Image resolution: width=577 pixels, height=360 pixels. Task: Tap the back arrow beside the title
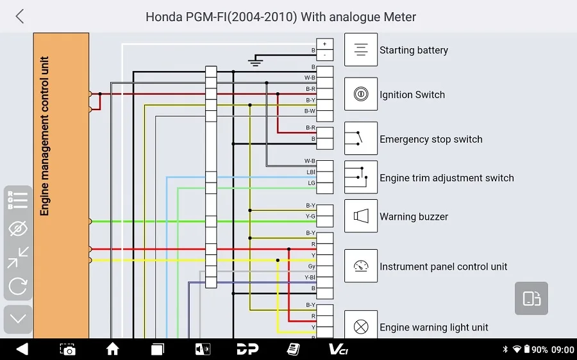point(20,17)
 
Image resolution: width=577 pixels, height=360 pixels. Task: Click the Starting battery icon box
point(360,49)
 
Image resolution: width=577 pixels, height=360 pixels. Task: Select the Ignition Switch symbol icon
point(360,94)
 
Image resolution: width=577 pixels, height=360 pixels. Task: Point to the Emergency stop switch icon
point(360,138)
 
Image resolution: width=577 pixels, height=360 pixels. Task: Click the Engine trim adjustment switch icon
point(360,177)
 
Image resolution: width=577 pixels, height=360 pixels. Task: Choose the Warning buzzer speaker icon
point(360,216)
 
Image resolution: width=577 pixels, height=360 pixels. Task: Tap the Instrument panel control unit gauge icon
point(360,265)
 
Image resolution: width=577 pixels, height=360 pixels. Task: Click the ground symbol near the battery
point(255,61)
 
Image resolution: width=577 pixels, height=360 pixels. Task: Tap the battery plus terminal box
point(324,44)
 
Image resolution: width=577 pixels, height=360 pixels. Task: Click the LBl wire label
point(311,172)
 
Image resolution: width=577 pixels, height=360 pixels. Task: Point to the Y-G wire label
point(310,217)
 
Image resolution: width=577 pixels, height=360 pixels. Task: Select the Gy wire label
point(312,266)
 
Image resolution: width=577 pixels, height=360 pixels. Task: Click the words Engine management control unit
point(44,136)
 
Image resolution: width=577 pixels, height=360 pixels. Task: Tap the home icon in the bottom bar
point(113,349)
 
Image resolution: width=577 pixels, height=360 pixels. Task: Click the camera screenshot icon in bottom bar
point(68,349)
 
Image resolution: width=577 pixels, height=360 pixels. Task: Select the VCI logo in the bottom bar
point(338,349)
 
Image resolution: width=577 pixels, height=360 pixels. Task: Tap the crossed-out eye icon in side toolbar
point(18,228)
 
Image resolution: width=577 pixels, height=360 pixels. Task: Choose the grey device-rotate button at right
point(531,299)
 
